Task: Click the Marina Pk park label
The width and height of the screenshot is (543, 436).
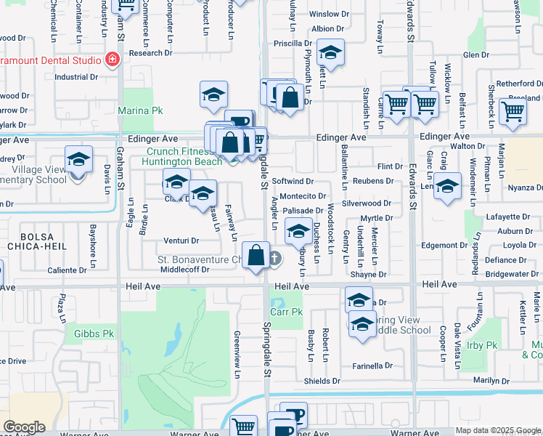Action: click(136, 111)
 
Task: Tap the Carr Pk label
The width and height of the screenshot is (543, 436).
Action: click(286, 312)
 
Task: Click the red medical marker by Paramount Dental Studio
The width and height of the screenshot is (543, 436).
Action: click(113, 60)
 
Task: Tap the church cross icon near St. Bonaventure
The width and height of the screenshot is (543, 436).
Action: click(275, 258)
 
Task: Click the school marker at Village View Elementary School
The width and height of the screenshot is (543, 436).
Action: click(78, 159)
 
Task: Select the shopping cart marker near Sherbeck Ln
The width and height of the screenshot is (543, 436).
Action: click(513, 112)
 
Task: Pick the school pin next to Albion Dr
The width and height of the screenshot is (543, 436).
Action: click(330, 53)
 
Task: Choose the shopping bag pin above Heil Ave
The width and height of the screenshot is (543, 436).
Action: click(256, 255)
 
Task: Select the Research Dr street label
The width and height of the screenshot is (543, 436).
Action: click(151, 53)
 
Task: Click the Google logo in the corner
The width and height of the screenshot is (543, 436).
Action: click(24, 427)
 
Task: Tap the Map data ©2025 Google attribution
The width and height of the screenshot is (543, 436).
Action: click(498, 431)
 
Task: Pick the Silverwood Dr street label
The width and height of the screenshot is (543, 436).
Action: click(367, 204)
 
